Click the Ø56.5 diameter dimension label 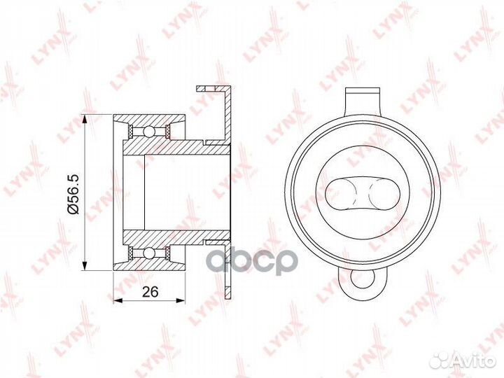pos(73,194)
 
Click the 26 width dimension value pos(150,292)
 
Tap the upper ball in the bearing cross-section pos(149,131)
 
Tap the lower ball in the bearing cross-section pos(149,253)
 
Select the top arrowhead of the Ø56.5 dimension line pos(85,119)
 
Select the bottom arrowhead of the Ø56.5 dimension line pos(85,266)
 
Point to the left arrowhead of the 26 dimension pos(118,300)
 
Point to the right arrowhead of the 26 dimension pos(181,300)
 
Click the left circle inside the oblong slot pos(339,193)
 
